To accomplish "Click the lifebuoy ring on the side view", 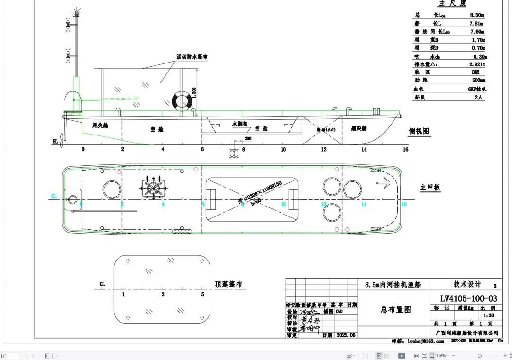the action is [x=181, y=100].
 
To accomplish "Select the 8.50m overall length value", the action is [x=476, y=15].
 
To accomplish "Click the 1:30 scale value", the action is [x=488, y=315].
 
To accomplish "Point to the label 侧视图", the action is [x=419, y=131].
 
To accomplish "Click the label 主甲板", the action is [x=430, y=188].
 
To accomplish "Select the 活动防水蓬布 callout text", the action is [x=192, y=57].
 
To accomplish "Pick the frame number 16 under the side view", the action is [x=405, y=150].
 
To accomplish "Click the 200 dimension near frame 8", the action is [x=248, y=139].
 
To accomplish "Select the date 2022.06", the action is [x=345, y=335].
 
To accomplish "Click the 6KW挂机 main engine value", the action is [x=476, y=89].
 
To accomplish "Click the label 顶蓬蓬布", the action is [x=229, y=284].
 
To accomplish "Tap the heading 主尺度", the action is [x=452, y=4].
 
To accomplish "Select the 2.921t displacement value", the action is [x=477, y=64].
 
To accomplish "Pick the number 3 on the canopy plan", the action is [x=163, y=295].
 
